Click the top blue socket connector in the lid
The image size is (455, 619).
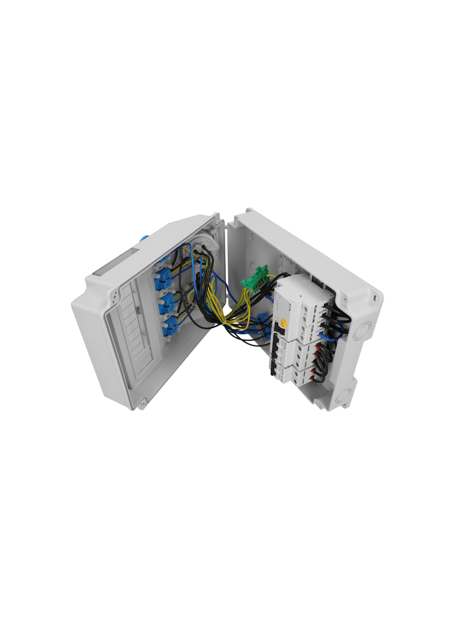162,280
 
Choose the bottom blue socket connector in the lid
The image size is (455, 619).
170,326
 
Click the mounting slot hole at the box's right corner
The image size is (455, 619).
374,298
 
